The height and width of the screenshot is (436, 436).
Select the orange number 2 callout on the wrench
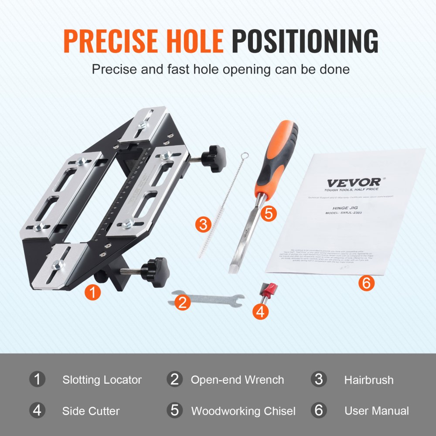(x=183, y=302)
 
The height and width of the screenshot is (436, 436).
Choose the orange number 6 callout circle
(x=366, y=283)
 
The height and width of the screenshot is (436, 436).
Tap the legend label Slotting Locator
(x=102, y=380)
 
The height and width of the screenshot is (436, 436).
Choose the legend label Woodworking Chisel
(x=243, y=411)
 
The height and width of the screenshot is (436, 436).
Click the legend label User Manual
(x=376, y=411)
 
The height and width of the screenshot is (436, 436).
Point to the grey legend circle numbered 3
(x=319, y=379)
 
